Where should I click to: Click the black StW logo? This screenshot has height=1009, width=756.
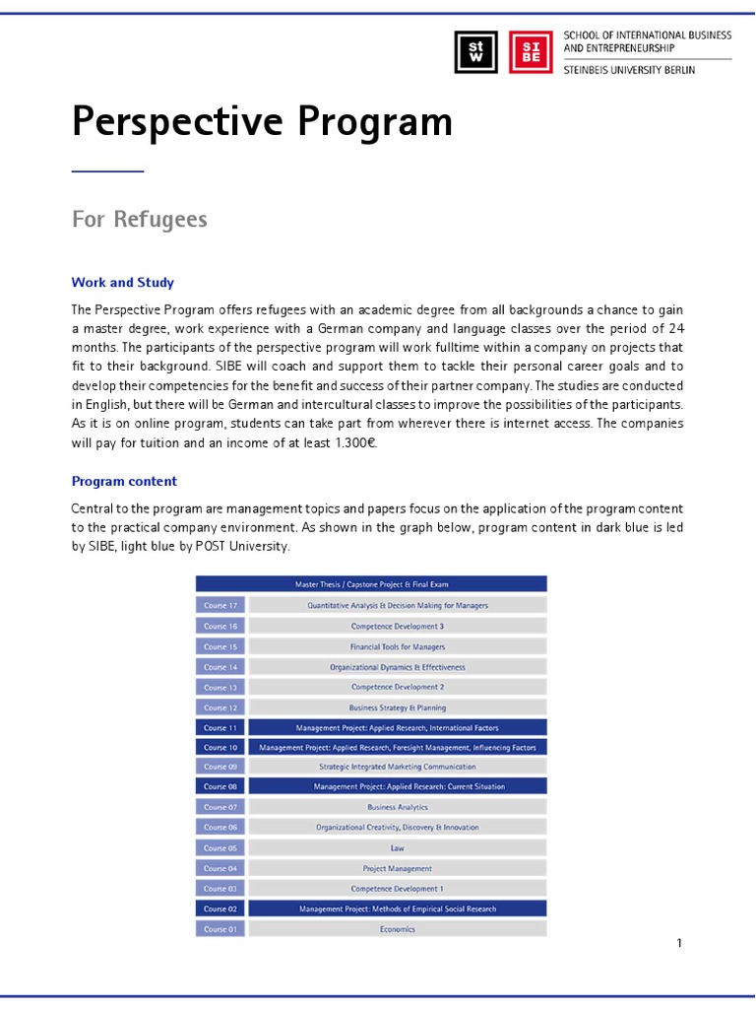coord(475,52)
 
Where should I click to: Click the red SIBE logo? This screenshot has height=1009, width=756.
coord(531,52)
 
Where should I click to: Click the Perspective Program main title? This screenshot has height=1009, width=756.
coord(262,122)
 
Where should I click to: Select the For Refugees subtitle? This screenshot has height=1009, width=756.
coord(139,219)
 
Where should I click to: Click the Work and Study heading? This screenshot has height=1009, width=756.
coord(123,283)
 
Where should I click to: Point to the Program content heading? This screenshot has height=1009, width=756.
coord(124,482)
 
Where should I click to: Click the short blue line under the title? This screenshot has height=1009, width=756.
coord(107,171)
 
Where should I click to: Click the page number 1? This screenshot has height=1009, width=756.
coord(679,943)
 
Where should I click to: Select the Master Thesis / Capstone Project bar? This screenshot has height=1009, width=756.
coord(371,584)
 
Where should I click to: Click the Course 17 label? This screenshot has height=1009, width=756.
coord(220,605)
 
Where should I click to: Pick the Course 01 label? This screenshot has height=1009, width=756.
coord(220,929)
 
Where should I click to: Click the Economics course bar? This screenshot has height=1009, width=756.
coord(397,929)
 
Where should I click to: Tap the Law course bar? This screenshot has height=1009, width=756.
coord(397,847)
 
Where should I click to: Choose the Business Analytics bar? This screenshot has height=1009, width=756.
coord(397,807)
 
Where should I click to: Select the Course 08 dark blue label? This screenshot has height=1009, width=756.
coord(220,786)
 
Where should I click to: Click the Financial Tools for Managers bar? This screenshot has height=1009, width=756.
coord(397,646)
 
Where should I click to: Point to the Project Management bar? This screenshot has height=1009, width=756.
coord(397,868)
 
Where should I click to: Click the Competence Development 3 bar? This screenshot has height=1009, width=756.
coord(397,626)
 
